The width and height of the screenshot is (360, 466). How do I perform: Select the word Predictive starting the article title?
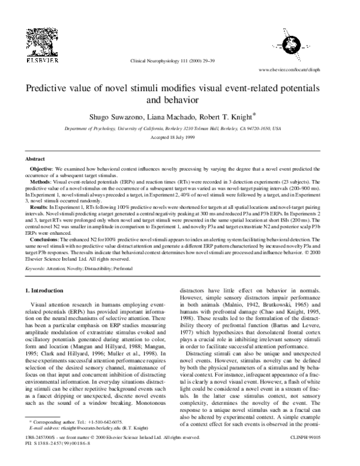(x=50, y=88)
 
